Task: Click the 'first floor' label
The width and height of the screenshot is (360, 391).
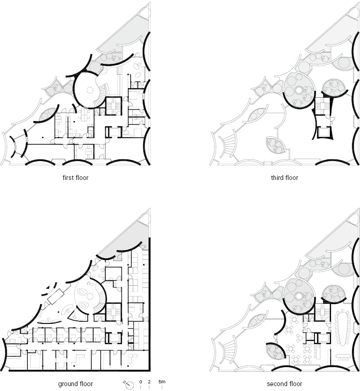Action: [75, 178]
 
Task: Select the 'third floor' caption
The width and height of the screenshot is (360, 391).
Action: [284, 178]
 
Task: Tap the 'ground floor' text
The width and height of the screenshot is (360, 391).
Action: [75, 384]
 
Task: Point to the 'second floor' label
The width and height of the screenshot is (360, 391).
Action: [284, 384]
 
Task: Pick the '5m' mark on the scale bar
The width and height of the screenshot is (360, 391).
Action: [162, 382]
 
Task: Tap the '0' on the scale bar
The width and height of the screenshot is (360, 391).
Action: [141, 382]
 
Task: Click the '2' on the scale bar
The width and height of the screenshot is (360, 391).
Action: [149, 382]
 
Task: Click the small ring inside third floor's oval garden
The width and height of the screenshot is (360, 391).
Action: [299, 90]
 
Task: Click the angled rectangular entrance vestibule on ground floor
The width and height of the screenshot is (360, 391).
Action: [56, 296]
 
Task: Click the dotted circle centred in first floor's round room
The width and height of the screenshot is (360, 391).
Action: [89, 90]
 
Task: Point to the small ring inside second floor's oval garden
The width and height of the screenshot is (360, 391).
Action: [299, 296]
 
